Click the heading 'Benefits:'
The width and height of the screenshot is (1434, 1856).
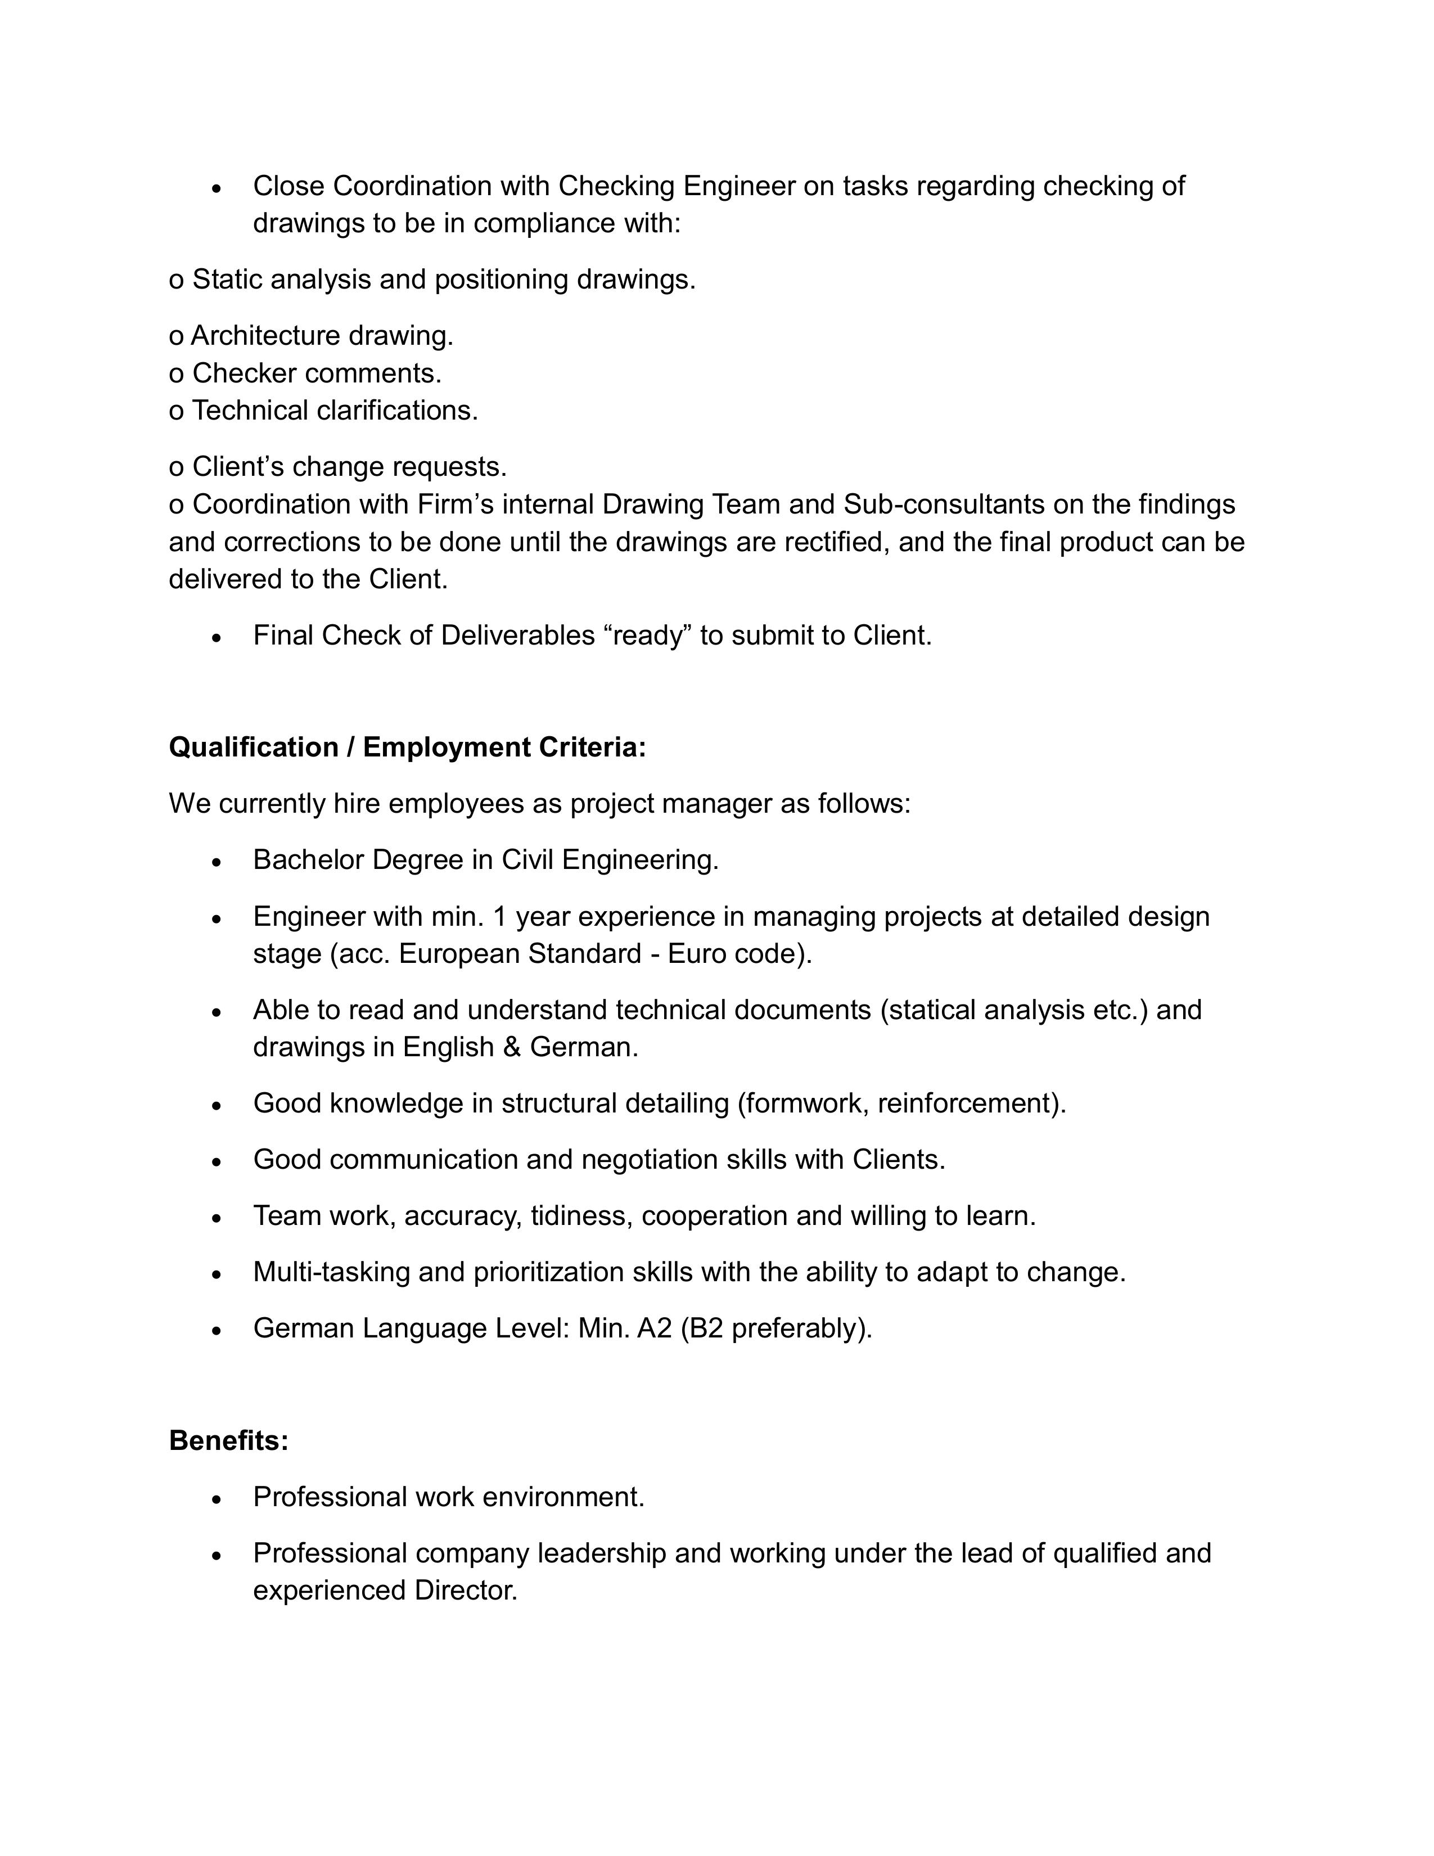tap(228, 1440)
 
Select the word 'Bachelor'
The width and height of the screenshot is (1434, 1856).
tap(308, 860)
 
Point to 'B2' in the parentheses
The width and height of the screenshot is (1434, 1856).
tap(705, 1328)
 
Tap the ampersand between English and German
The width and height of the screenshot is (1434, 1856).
tap(511, 1047)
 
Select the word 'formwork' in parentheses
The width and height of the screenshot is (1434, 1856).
tap(803, 1103)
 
